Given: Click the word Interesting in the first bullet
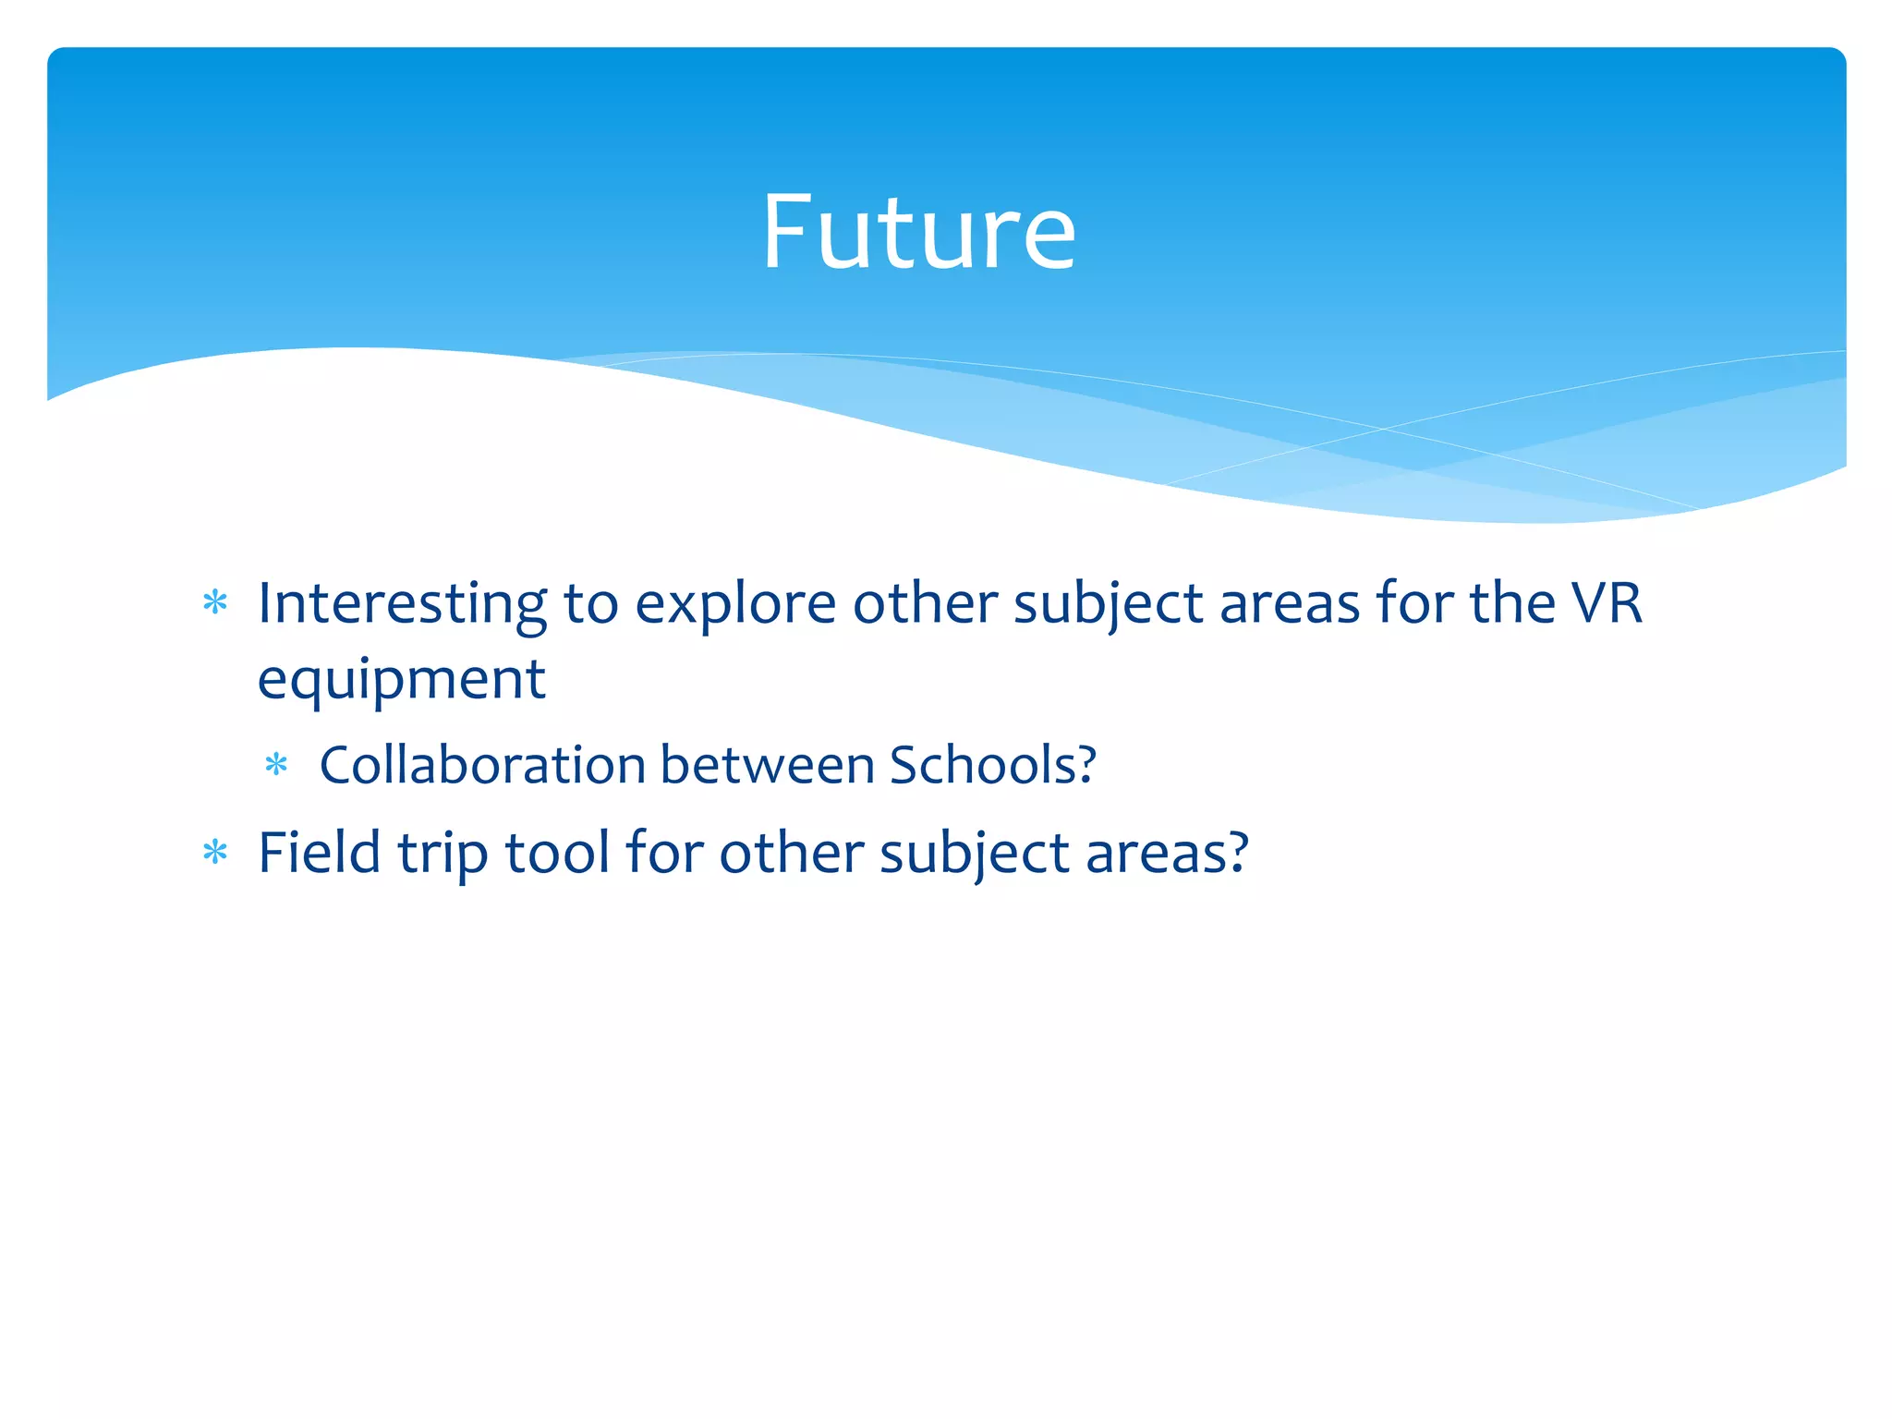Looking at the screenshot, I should point(402,604).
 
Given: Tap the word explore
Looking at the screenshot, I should point(735,606).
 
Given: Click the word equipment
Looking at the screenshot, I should point(402,682).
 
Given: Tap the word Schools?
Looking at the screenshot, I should point(993,765).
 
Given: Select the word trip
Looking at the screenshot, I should point(443,854).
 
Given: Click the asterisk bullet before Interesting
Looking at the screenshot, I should point(215,603).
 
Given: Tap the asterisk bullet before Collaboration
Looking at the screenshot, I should point(276,765).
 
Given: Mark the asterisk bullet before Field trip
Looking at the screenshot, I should point(215,852).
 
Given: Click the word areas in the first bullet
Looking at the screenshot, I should point(1290,606).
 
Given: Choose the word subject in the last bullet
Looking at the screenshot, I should point(974,854).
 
